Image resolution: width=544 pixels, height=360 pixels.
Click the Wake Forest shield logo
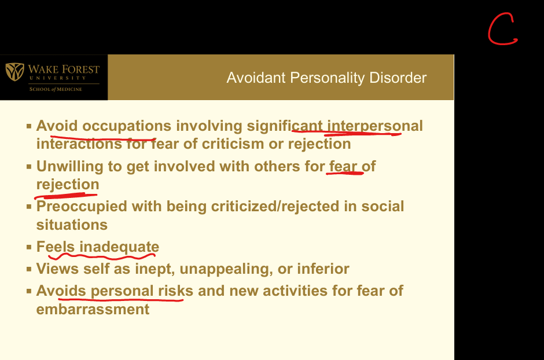pyautogui.click(x=14, y=71)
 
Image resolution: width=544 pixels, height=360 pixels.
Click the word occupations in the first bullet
pyautogui.click(x=127, y=126)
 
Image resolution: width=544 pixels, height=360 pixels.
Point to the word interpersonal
pyautogui.click(x=375, y=126)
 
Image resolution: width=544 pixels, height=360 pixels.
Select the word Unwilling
pyautogui.click(x=69, y=167)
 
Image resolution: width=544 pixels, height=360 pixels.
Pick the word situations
pyautogui.click(x=72, y=225)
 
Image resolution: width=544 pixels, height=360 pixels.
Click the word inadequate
pyautogui.click(x=119, y=247)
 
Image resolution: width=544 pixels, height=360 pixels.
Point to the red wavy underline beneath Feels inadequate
pyautogui.click(x=101, y=256)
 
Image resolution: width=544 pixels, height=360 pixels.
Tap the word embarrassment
pyautogui.click(x=93, y=310)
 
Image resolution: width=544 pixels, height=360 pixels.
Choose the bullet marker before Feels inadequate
pyautogui.click(x=29, y=247)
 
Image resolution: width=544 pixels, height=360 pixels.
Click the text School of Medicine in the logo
pyautogui.click(x=56, y=89)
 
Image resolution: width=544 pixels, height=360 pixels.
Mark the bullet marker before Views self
pyautogui.click(x=29, y=269)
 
